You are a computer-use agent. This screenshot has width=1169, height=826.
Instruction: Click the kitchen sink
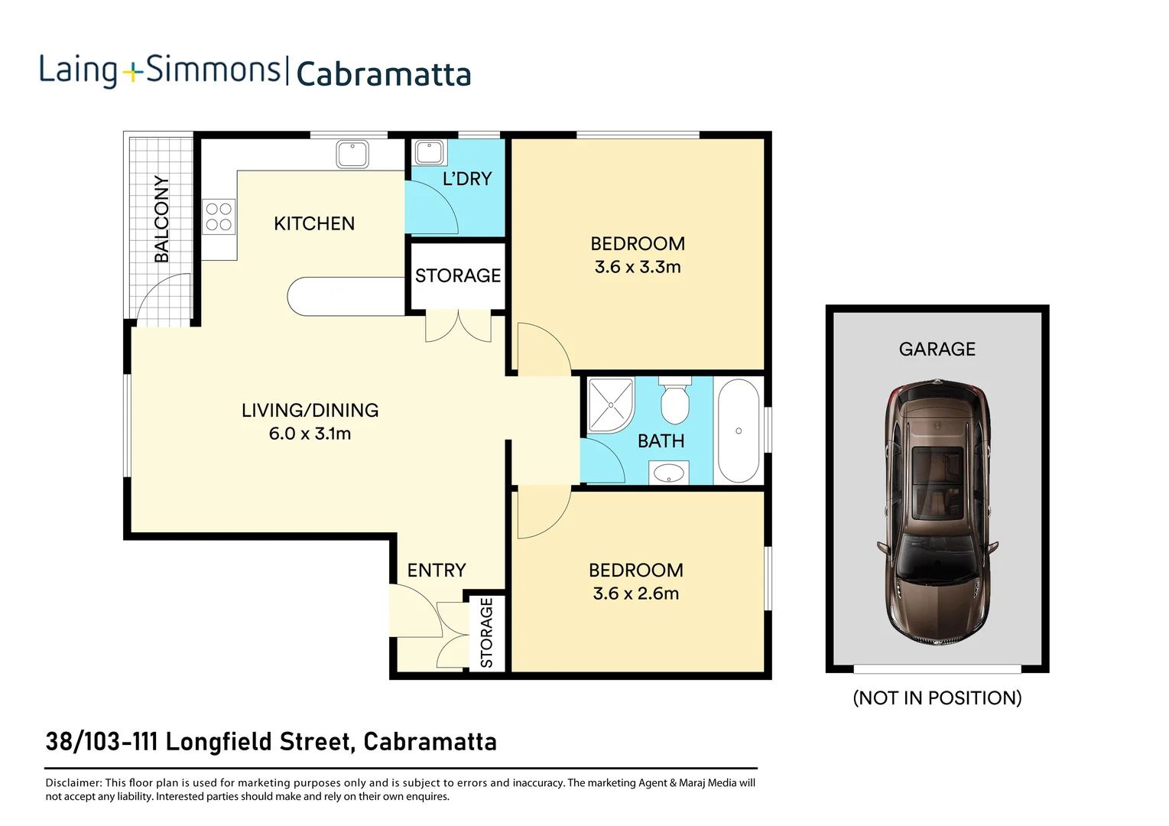tap(352, 154)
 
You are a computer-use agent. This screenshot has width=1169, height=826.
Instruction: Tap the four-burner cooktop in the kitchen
tap(219, 216)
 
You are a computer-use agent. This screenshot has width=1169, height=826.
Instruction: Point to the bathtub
tap(739, 431)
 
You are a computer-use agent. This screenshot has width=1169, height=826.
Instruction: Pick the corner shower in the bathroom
tap(610, 405)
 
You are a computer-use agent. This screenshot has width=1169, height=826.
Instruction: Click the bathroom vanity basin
tap(669, 473)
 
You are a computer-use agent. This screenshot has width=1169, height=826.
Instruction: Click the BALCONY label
tap(161, 219)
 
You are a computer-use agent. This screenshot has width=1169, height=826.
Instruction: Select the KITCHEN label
tap(314, 224)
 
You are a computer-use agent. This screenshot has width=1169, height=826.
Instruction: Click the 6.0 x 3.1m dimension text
tap(310, 434)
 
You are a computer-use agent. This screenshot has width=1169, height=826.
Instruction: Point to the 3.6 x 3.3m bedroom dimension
tap(638, 267)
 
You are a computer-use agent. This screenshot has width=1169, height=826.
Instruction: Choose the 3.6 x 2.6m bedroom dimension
tap(636, 593)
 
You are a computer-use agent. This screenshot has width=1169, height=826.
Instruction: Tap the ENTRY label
tap(436, 571)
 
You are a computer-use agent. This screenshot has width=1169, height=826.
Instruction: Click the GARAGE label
tap(937, 350)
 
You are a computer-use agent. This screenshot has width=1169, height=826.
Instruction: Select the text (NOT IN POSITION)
tap(937, 698)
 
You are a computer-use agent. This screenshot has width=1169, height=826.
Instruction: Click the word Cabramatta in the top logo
tap(383, 75)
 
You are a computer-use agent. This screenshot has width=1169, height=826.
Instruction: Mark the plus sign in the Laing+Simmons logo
tap(132, 73)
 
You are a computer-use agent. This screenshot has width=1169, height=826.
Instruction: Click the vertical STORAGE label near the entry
tap(486, 633)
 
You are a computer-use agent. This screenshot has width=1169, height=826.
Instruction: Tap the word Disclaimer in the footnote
tap(73, 783)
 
